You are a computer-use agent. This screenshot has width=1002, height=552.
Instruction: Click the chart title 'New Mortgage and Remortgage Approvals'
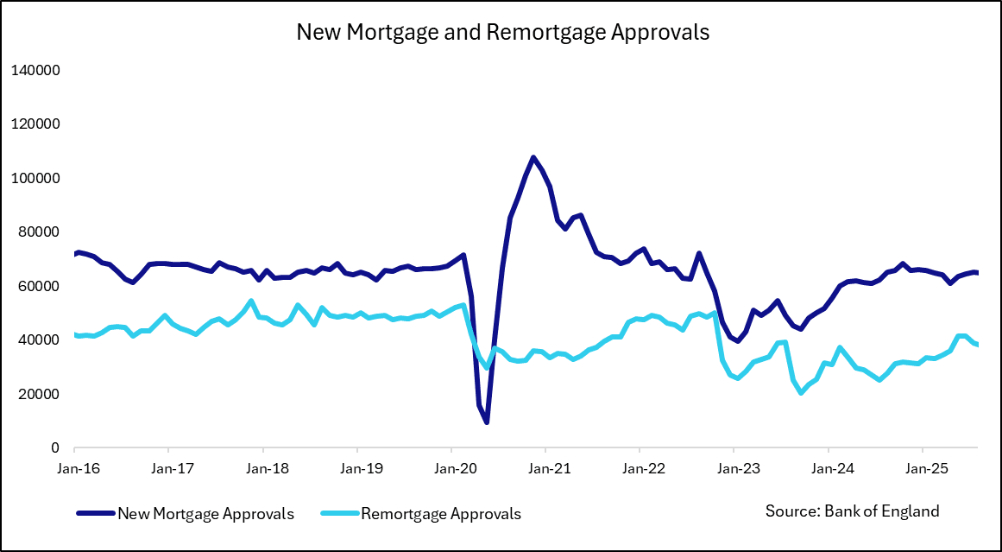[502, 33]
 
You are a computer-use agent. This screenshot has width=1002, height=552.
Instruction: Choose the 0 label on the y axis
[54, 448]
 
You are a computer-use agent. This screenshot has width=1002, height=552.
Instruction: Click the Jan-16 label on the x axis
[74, 469]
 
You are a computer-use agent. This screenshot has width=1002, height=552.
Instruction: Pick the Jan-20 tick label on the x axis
[451, 469]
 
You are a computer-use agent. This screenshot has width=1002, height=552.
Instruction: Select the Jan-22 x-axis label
[639, 469]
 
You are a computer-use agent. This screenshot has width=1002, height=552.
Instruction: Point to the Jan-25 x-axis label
[922, 469]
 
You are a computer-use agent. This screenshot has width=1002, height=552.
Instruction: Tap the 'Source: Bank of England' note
[852, 511]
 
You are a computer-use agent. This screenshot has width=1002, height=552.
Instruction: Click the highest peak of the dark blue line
[533, 157]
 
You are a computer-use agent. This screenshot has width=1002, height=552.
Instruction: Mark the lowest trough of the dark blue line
[487, 422]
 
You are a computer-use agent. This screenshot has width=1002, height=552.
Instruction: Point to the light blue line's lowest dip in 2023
[802, 393]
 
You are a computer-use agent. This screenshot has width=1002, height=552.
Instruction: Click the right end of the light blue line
[977, 345]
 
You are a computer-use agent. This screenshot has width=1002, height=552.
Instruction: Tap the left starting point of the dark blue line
[75, 254]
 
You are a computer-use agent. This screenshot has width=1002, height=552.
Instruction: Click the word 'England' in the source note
[910, 511]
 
